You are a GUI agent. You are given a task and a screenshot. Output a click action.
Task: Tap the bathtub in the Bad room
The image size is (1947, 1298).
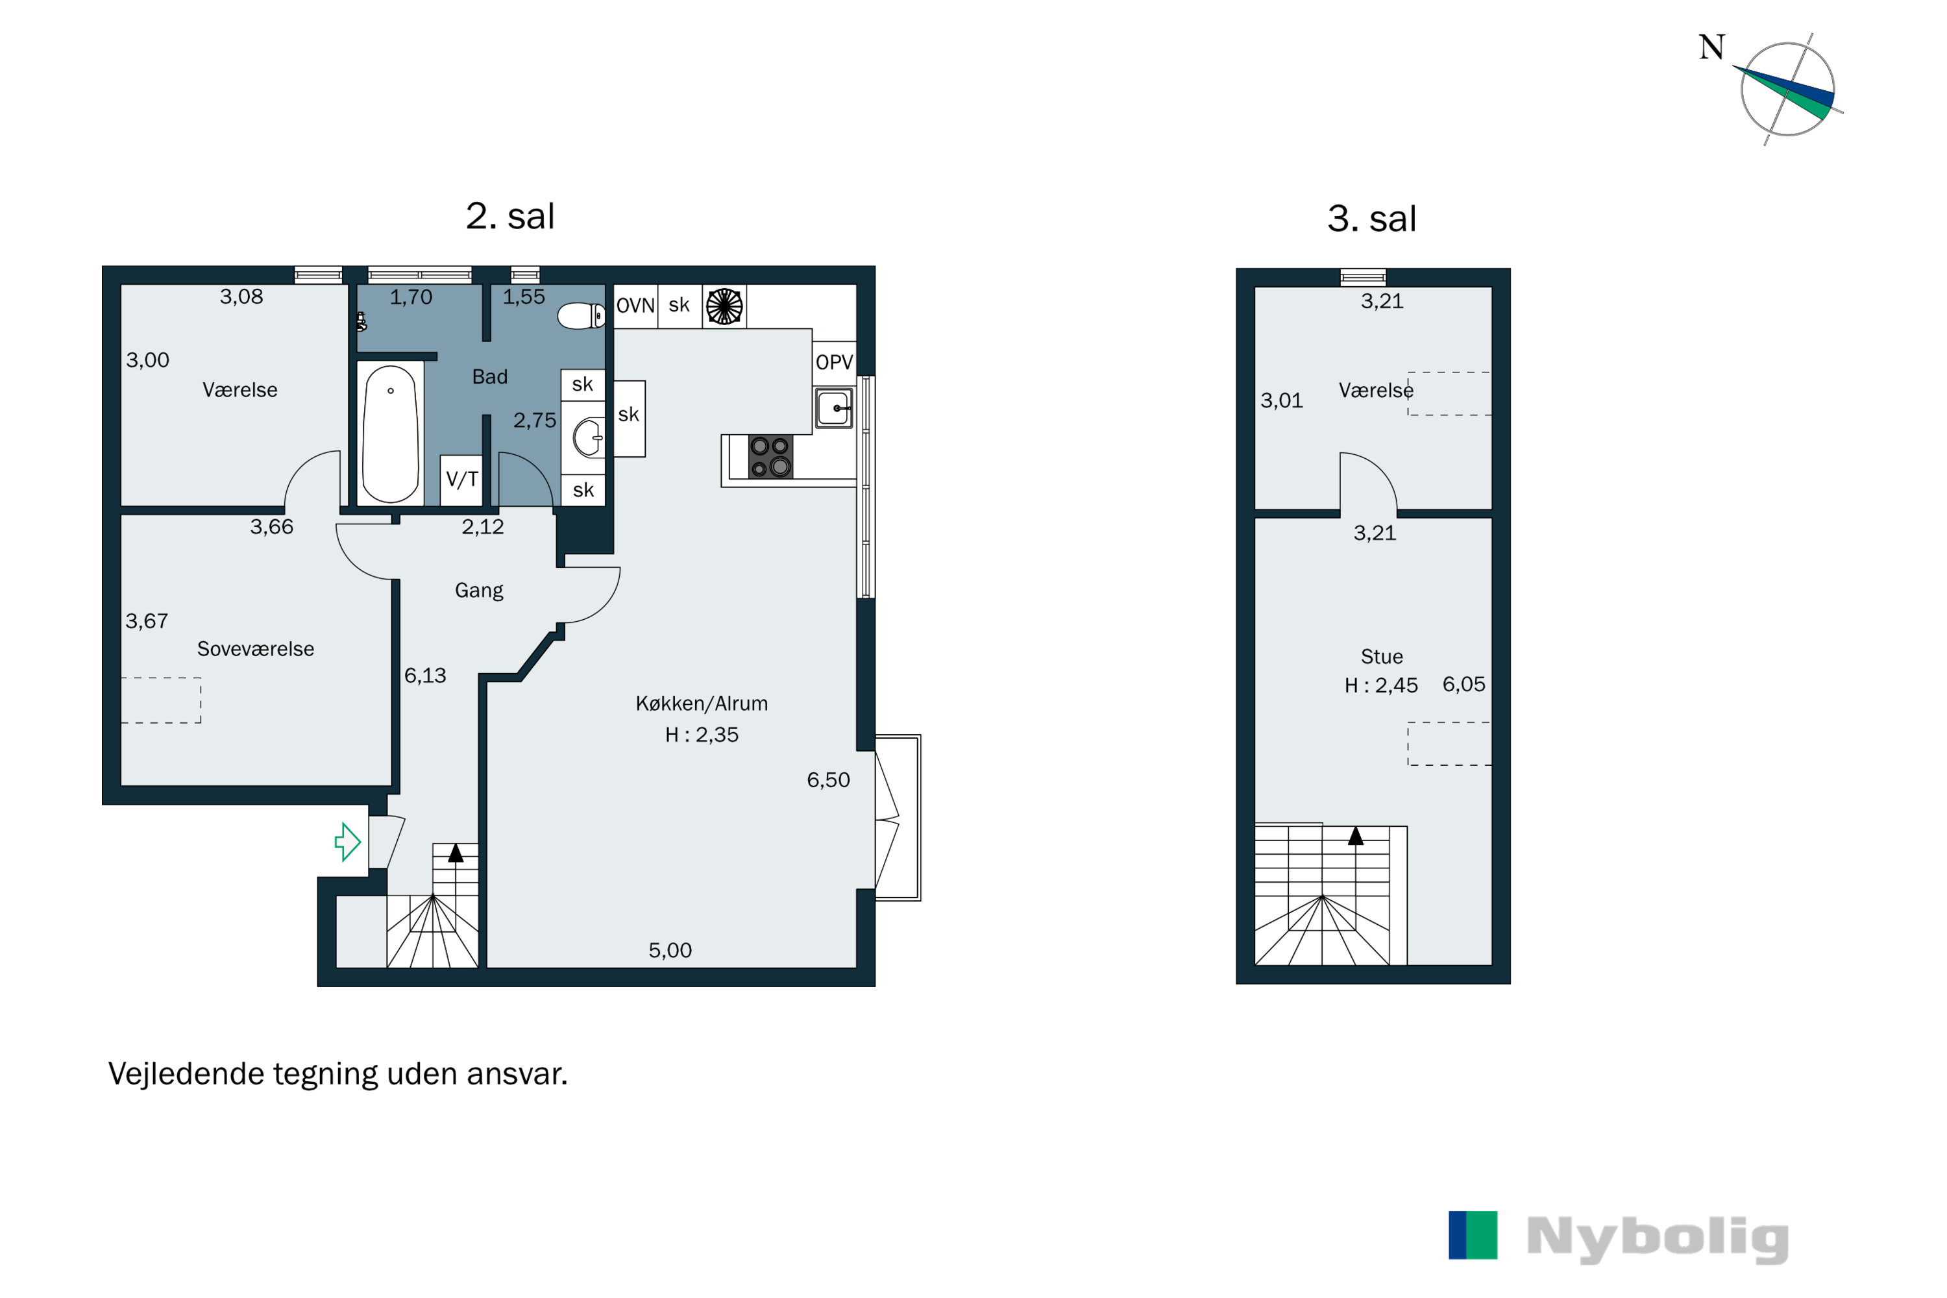coord(391,434)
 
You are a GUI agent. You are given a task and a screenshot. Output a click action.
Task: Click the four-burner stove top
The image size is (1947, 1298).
coord(770,457)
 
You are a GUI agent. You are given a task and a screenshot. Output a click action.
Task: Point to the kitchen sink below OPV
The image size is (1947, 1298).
coord(833,408)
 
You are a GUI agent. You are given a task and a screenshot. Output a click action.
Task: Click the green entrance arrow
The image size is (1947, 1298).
coord(348,842)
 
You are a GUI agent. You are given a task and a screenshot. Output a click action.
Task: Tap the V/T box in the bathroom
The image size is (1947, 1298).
coord(461,480)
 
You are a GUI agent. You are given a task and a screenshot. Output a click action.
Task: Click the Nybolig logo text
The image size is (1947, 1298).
coord(1658,1238)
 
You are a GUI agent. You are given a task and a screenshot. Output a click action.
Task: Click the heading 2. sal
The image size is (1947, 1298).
coord(510,216)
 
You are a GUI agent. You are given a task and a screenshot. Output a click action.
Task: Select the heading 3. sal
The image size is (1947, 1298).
coord(1372,219)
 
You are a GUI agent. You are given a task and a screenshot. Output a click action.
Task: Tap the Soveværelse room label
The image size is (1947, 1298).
coord(256,649)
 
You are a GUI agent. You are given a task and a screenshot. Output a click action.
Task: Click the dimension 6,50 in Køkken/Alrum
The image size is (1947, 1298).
coord(829,780)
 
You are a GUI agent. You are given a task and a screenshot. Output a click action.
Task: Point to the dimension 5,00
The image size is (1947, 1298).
coord(670,950)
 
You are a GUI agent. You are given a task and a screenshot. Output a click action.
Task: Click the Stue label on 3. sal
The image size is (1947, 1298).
coord(1382,656)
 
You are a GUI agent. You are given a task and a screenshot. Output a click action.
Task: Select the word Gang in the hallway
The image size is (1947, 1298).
coord(480,590)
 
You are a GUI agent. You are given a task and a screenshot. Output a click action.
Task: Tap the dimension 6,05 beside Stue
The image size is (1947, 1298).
coord(1463,684)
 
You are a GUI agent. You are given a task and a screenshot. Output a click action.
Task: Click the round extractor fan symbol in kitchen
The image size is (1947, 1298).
coord(724,306)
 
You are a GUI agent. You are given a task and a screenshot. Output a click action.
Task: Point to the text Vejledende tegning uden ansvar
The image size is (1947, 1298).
coord(337,1073)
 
